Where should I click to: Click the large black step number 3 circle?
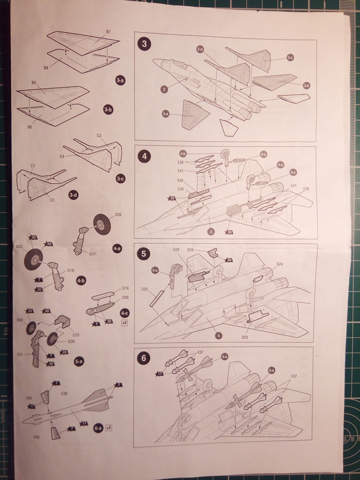pos(144,44)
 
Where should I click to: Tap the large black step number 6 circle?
pos(144,359)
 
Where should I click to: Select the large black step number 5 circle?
pos(144,254)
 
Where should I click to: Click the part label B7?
pos(108,32)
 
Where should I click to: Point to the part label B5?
pos(34,82)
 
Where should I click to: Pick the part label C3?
pos(99,135)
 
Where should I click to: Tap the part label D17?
pos(93,254)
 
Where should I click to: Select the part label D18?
pos(71,270)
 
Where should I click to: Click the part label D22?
pos(145,289)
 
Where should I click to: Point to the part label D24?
pos(279,264)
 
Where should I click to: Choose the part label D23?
pos(244,337)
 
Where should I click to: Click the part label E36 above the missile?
pos(64,393)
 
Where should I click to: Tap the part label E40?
pos(180,180)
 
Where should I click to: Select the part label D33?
pos(76,335)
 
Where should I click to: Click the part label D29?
pos(190,249)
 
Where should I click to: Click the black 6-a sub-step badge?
pos(97,427)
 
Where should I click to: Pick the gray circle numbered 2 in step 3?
pos(164,89)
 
